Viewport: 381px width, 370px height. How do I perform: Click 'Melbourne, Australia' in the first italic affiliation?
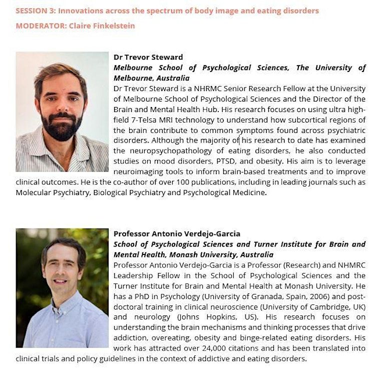tap(152, 78)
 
